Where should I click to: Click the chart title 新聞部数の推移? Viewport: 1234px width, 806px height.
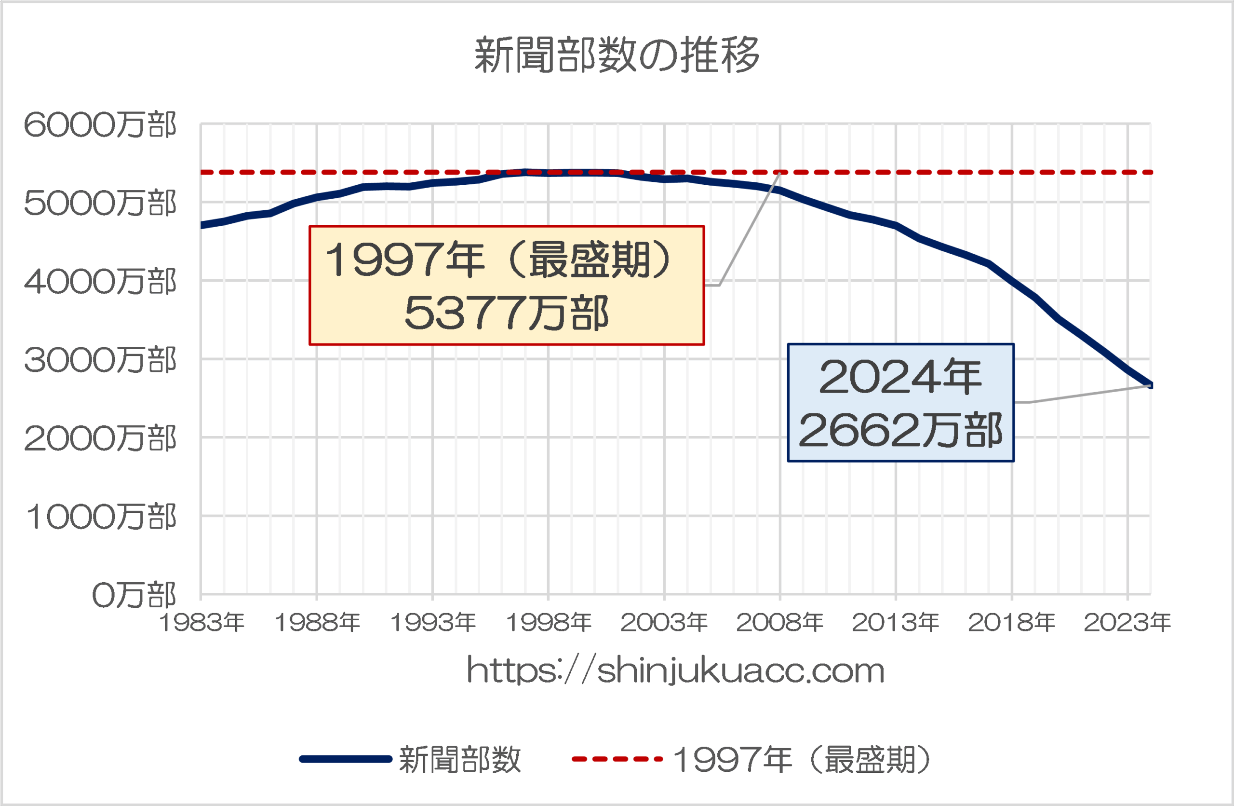click(617, 55)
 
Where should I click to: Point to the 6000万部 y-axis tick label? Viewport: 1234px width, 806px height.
click(100, 125)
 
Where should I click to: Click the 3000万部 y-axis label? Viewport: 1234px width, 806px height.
click(100, 360)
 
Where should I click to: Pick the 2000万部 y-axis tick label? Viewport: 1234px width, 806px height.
click(100, 438)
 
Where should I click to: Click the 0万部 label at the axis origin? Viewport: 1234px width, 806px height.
click(134, 595)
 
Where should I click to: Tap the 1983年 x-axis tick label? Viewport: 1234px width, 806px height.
click(201, 622)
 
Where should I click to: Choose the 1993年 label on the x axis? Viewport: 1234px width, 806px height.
click(432, 622)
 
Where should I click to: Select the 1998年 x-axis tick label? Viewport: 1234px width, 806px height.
click(549, 622)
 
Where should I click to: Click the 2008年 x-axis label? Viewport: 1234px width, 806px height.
click(779, 622)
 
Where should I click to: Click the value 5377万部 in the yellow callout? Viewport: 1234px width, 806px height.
click(506, 313)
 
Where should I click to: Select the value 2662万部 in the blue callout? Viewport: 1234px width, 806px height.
click(900, 430)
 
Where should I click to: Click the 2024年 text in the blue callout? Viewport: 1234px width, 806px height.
click(900, 377)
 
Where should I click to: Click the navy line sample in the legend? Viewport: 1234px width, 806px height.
click(345, 759)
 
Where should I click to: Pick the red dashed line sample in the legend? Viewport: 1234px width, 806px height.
click(617, 759)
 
